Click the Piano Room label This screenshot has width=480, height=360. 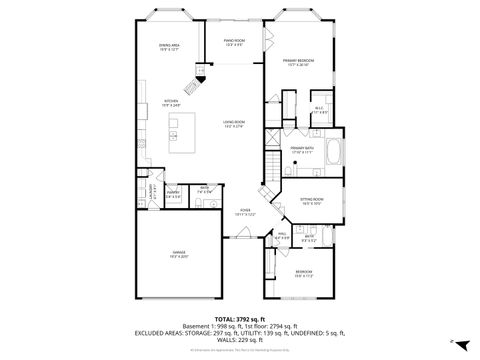point(235,41)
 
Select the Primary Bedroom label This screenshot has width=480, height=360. point(295,62)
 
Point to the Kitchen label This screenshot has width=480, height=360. point(171,101)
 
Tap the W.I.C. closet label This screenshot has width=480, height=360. point(318,109)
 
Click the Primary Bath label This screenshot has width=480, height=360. point(303,149)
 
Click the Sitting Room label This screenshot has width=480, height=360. point(311,201)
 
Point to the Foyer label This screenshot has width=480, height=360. point(244,211)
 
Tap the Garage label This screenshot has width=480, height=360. point(179,253)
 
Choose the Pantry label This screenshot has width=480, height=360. point(173,193)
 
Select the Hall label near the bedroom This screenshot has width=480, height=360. point(283,236)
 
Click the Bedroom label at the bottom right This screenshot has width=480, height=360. point(303,273)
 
